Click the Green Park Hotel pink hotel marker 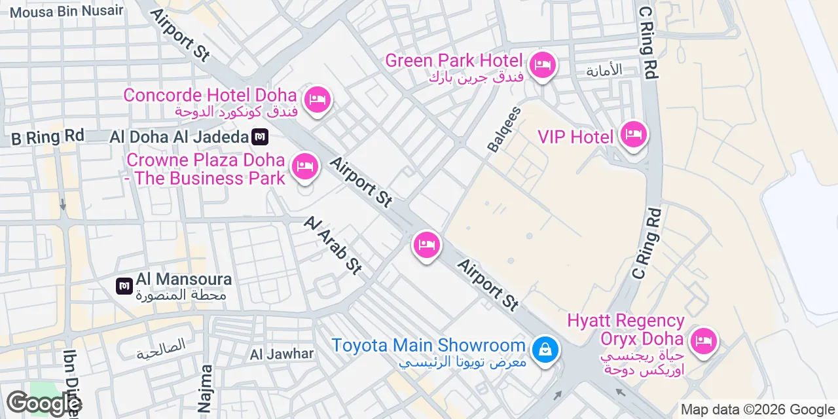(x=542, y=65)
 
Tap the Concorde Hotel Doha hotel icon (x=318, y=100)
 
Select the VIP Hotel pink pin (x=633, y=135)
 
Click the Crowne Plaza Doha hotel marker (x=304, y=166)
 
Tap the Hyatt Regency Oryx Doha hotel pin (x=704, y=341)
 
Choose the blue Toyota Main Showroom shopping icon (x=544, y=349)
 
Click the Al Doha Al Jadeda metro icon (x=260, y=137)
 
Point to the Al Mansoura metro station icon (x=124, y=285)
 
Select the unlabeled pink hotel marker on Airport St (x=426, y=246)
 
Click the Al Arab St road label (x=333, y=246)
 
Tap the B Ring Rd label (x=48, y=137)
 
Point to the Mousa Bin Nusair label (x=66, y=10)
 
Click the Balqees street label (x=504, y=130)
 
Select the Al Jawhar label (x=282, y=354)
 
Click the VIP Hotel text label (x=575, y=137)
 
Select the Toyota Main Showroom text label (x=428, y=345)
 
